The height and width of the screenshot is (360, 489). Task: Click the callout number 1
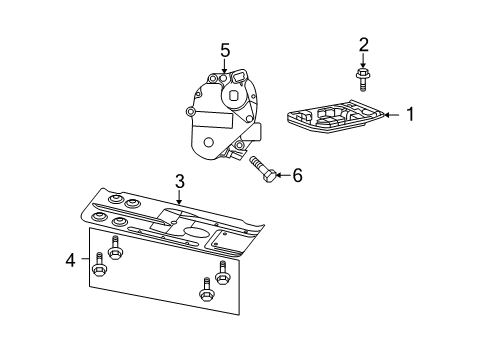409,114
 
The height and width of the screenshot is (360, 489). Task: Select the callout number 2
364,45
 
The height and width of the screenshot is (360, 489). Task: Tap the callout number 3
179,181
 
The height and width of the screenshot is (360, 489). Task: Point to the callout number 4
70,261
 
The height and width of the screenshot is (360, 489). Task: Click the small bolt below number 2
363,76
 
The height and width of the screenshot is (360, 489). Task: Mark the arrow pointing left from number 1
391,114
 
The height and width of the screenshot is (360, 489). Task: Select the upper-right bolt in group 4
223,271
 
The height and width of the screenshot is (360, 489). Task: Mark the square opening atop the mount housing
240,76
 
